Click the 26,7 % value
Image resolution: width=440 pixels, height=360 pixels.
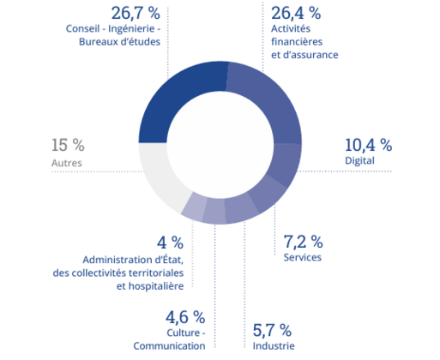pos(136,14)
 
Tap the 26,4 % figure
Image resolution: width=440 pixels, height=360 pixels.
pos(296,14)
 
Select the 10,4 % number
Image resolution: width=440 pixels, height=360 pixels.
pos(368,145)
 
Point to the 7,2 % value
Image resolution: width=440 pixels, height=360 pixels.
pos(303,242)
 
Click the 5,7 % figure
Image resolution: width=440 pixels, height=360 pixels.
pos(272,330)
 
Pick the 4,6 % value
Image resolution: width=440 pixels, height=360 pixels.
pos(185,317)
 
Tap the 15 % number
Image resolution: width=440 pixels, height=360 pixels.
pos(68,145)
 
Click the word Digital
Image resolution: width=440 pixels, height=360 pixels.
pos(359,160)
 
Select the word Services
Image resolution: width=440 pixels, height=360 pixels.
pos(303,257)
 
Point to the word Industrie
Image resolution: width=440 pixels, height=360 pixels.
pos(274,346)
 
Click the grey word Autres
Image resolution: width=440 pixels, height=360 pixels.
pos(67,163)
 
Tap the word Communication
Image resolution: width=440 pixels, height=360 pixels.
pos(169,346)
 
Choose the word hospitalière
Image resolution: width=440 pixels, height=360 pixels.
pos(150,286)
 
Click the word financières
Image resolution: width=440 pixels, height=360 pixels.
pos(297,42)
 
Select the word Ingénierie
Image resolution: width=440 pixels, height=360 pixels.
pos(131,29)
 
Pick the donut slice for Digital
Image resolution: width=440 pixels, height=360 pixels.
pos(286,165)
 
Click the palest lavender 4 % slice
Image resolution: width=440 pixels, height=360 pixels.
pos(194,207)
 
